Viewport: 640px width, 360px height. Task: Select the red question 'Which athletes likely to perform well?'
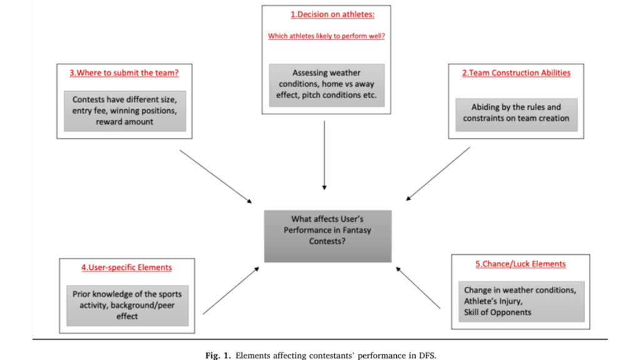(326, 36)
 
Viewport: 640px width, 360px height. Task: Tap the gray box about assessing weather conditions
(327, 84)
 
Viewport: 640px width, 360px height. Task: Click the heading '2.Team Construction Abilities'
(516, 72)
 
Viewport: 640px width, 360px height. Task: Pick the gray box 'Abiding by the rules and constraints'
(516, 112)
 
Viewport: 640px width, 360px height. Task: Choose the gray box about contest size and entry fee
(124, 111)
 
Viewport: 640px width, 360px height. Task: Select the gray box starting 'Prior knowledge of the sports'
(127, 305)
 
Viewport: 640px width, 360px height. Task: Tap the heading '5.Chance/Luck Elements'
(520, 264)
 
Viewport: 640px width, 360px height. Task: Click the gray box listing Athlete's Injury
(520, 301)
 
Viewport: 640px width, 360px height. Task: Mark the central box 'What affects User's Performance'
(327, 236)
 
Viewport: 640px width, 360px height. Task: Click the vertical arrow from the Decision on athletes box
(324, 154)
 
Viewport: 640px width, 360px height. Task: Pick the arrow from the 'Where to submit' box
(216, 176)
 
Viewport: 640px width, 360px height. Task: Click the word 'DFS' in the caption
(426, 355)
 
